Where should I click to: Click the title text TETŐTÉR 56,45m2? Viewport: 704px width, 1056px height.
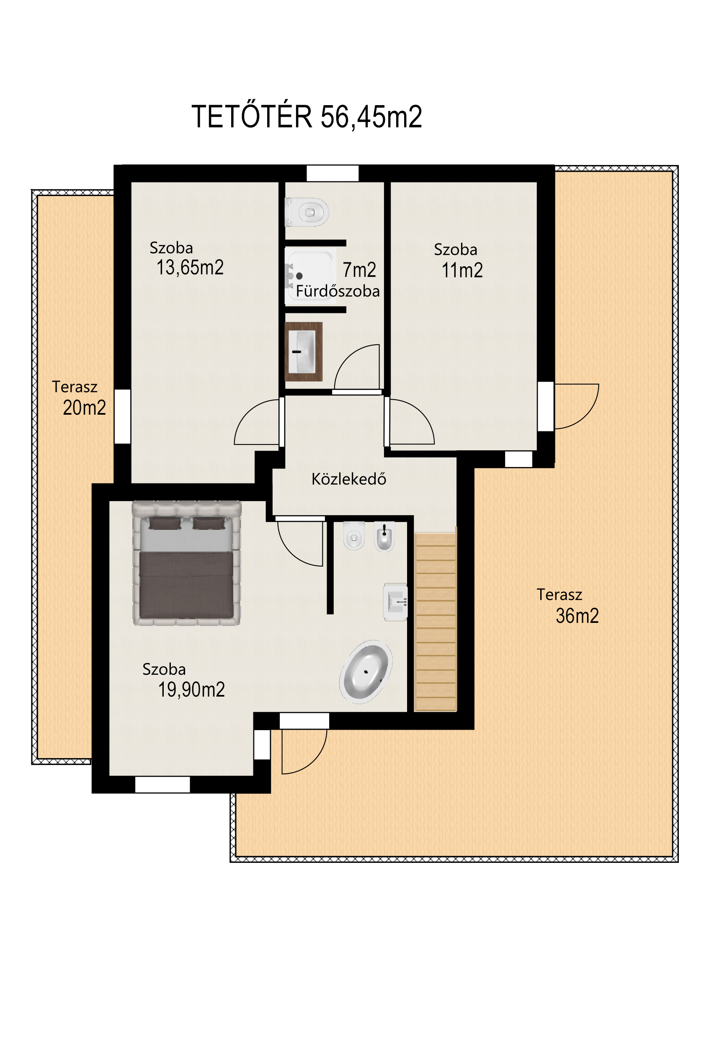[307, 117]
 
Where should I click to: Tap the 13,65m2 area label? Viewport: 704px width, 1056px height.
[190, 268]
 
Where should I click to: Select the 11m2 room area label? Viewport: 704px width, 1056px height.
[462, 270]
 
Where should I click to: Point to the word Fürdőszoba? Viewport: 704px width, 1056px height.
[338, 291]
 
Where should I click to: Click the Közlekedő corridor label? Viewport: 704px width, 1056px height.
[349, 479]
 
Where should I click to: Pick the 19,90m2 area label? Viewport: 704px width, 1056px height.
[191, 689]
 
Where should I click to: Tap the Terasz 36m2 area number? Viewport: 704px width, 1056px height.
[578, 616]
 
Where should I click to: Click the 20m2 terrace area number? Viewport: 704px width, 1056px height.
[85, 408]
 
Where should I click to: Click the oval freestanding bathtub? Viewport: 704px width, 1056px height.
[366, 671]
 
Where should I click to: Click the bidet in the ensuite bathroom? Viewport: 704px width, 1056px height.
[384, 537]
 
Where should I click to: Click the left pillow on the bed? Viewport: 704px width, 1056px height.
[165, 523]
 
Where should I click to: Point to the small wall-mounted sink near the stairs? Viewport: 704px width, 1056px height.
[395, 602]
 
